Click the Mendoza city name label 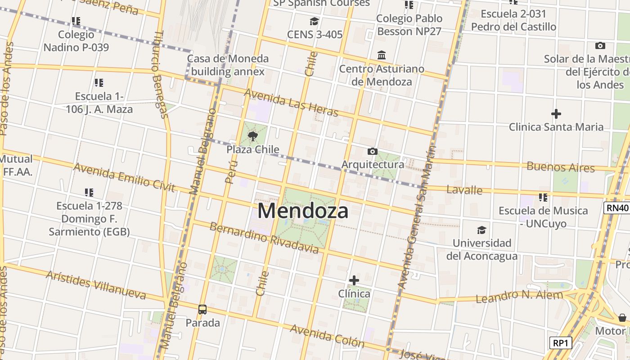pos(303,211)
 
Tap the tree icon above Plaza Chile pos(253,135)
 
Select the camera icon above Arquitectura pos(373,151)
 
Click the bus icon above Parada pos(202,309)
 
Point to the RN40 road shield pos(616,207)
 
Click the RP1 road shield pos(561,343)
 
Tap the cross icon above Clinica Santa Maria pos(556,114)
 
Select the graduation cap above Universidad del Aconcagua pos(481,230)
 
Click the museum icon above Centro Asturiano pos(382,55)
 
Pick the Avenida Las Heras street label pos(291,103)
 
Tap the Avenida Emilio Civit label pos(124,177)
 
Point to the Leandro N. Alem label pos(519,297)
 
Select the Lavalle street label pos(464,189)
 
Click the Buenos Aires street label pos(561,167)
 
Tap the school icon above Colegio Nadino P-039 pos(76,21)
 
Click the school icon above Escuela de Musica pos(543,197)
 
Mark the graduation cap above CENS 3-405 pos(314,22)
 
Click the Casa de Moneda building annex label pos(228,65)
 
